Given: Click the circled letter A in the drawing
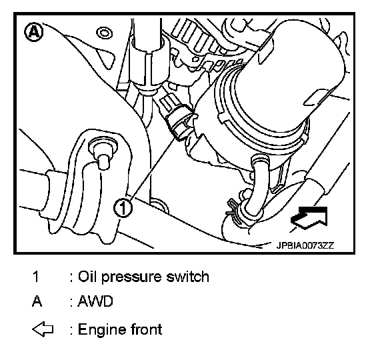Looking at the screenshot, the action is click(33, 32).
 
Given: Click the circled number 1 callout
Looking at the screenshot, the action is click(123, 208).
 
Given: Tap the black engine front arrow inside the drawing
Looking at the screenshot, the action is click(309, 218).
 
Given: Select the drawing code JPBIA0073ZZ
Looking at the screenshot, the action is click(305, 245).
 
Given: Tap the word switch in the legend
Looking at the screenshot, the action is click(187, 277).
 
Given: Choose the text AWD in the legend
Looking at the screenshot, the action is click(95, 301).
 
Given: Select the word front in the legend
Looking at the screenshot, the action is click(147, 329).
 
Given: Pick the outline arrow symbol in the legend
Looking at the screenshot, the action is click(43, 329).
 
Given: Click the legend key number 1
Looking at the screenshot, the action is click(36, 277).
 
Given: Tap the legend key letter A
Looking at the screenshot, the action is click(37, 301).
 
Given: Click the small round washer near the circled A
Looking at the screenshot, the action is click(105, 33).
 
